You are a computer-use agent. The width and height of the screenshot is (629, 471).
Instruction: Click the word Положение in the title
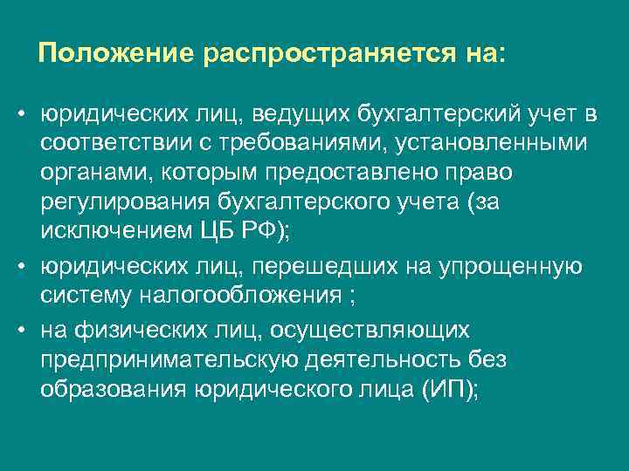[x=116, y=54]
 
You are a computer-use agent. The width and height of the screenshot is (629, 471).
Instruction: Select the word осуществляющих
[x=370, y=331]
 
